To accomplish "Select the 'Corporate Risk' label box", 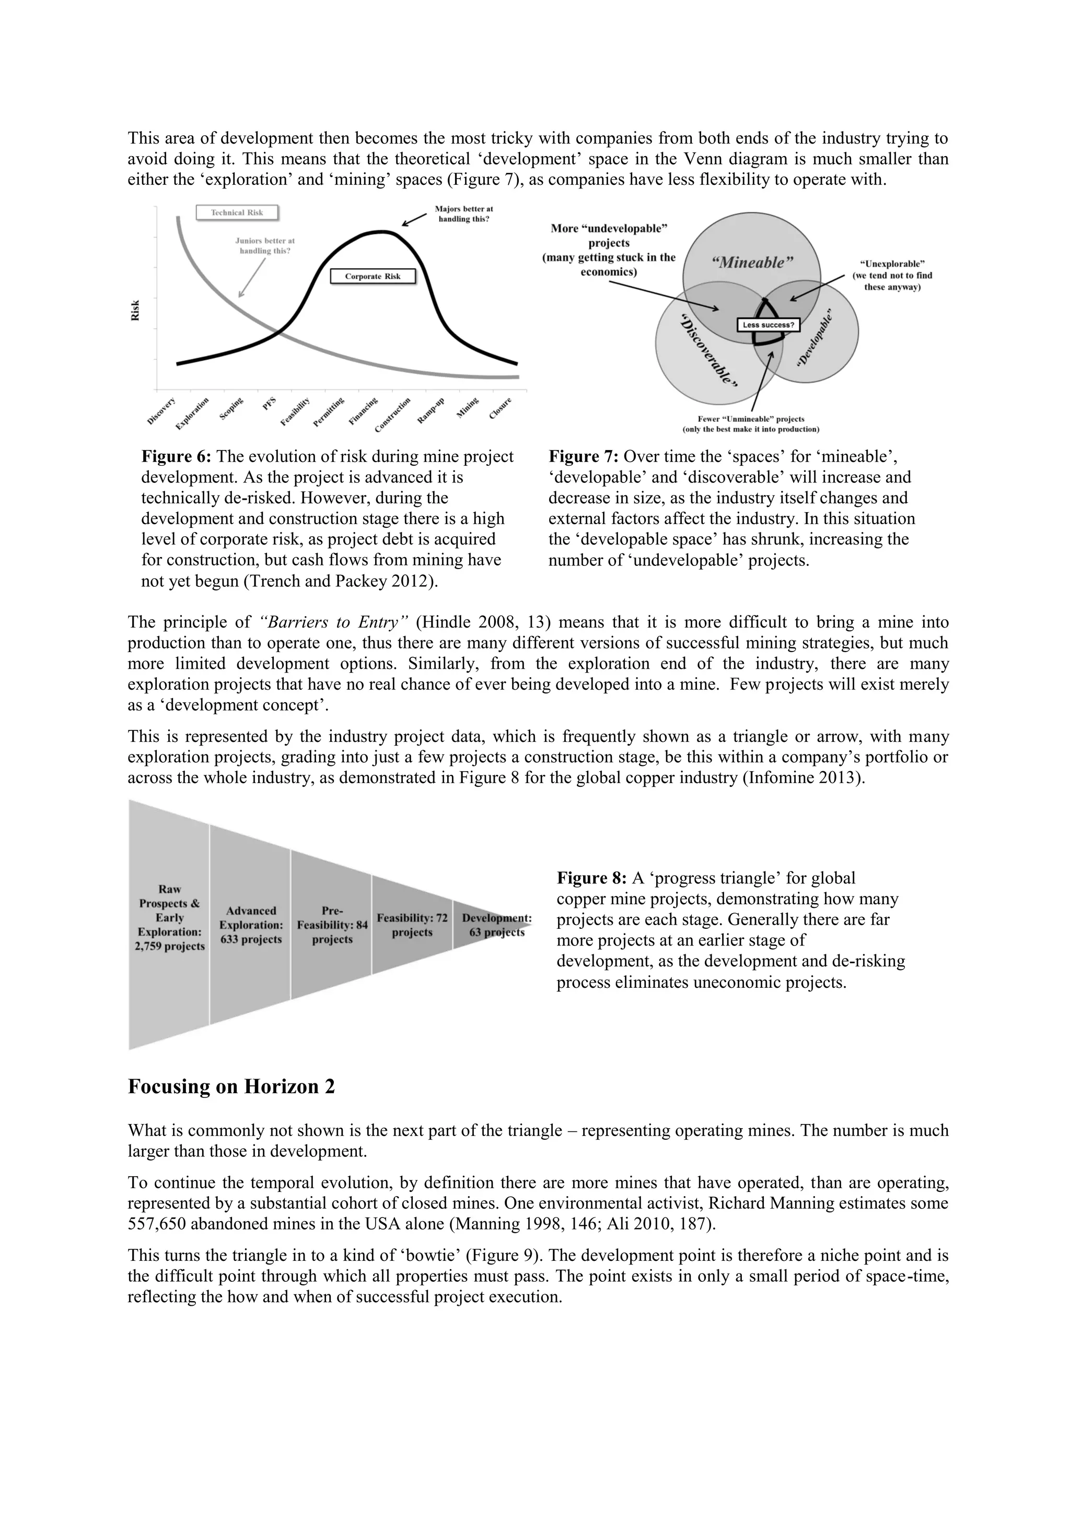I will [x=373, y=276].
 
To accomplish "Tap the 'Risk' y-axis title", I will [x=136, y=311].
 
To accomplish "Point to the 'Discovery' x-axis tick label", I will [x=161, y=410].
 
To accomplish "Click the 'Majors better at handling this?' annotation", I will [x=464, y=214].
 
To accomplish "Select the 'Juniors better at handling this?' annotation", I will [x=265, y=246].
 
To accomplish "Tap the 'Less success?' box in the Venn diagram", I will [x=768, y=325].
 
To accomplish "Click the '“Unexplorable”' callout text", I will [x=892, y=264].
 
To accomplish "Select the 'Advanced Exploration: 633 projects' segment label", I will [x=251, y=925].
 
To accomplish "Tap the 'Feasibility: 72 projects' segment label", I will [x=412, y=925].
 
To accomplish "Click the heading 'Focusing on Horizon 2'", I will [x=231, y=1086].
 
